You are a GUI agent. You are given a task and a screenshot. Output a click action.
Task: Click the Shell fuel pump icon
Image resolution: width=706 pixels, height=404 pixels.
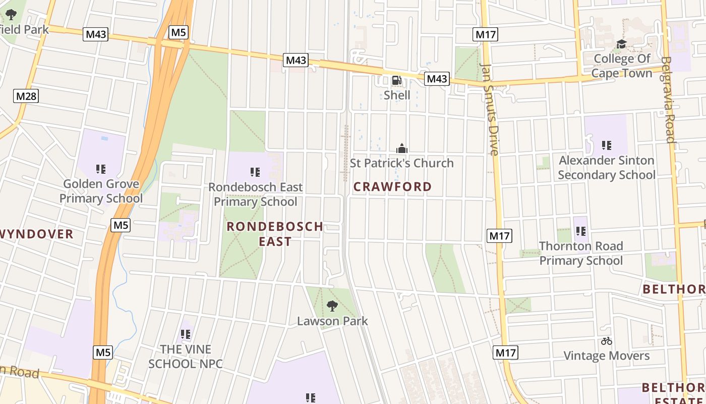(397, 80)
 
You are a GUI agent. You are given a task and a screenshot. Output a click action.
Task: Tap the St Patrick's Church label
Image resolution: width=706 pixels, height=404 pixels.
(401, 163)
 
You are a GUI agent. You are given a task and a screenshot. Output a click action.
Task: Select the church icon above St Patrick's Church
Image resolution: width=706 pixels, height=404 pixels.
(402, 148)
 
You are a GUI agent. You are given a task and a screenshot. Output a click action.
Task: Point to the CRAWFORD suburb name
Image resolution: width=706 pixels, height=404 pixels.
(392, 187)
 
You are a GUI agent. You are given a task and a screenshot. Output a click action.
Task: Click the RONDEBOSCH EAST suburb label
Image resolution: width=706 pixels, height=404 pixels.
(275, 233)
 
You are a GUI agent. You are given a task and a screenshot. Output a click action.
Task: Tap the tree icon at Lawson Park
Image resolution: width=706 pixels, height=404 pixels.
(332, 306)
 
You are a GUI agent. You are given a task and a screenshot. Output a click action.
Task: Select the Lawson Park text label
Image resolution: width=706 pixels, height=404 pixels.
(332, 321)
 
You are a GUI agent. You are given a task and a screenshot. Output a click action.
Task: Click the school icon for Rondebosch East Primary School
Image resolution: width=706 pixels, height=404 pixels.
(255, 172)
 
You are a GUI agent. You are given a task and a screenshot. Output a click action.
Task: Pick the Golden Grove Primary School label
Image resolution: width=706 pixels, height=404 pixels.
(101, 191)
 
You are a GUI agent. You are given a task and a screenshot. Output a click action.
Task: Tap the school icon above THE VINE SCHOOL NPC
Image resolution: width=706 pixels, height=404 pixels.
(186, 334)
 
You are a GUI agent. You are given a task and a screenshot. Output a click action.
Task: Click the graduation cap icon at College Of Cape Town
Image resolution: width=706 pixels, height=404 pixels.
(621, 44)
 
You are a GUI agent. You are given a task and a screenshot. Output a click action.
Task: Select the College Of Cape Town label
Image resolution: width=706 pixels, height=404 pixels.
(622, 66)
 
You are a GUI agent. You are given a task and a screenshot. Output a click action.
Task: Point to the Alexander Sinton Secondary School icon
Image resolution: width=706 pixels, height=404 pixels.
(607, 145)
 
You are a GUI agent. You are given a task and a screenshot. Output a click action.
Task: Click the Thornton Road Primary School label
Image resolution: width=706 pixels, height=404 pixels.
(581, 254)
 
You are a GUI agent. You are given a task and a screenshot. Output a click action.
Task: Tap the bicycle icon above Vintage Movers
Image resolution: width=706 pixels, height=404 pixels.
(607, 341)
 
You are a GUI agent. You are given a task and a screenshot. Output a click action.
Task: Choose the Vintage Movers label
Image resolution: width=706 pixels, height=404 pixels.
(606, 356)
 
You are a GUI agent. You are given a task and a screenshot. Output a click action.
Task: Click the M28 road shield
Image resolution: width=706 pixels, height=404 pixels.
(26, 95)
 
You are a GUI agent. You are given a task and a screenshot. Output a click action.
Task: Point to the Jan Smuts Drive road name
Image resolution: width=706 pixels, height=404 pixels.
(490, 109)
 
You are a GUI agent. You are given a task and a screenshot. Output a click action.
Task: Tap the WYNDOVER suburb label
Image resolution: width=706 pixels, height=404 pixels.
(36, 234)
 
